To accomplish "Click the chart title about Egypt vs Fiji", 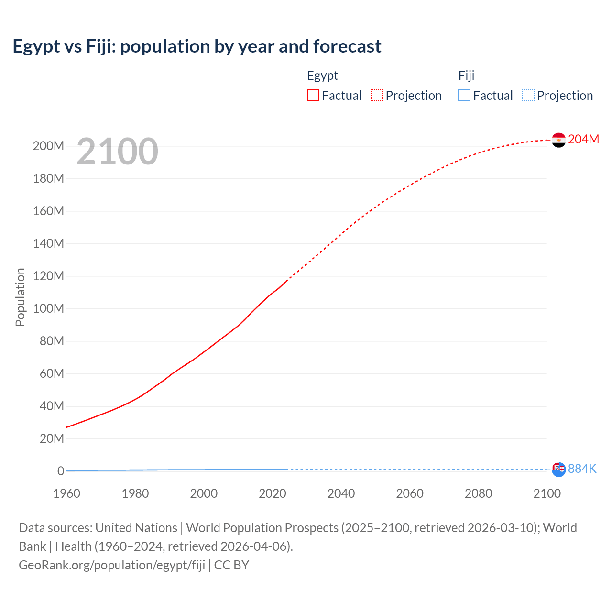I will [x=197, y=46].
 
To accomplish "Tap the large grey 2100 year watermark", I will [x=117, y=152].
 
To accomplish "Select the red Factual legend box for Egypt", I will [x=313, y=95].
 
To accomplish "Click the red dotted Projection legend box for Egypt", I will [x=377, y=95].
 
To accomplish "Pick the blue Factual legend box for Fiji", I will [x=464, y=95].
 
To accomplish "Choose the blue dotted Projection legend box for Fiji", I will [x=528, y=95].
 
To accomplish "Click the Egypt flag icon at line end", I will [x=558, y=140].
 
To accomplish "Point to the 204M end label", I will [x=583, y=139].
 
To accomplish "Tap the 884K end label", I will [x=582, y=469].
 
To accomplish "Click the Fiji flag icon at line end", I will [x=558, y=470].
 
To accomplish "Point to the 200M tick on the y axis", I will [x=48, y=146].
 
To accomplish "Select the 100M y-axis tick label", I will [x=48, y=308].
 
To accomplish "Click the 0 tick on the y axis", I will [x=60, y=471].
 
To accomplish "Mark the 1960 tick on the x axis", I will [x=66, y=493].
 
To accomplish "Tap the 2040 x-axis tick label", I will [x=341, y=493].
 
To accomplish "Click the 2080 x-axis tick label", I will [x=478, y=493].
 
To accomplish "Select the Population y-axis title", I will [x=20, y=297].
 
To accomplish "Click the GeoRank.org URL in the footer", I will [x=112, y=565].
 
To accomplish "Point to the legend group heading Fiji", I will [x=466, y=76].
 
